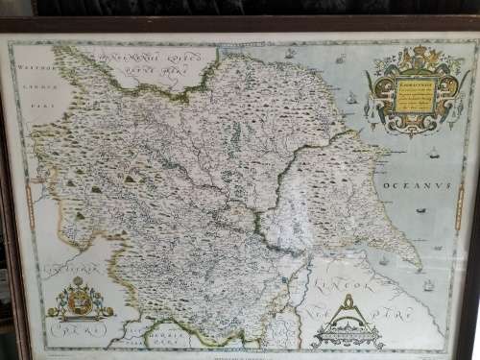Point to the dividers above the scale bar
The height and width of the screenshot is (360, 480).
[x=345, y=310]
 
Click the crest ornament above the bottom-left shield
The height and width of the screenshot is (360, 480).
[x=79, y=284]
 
